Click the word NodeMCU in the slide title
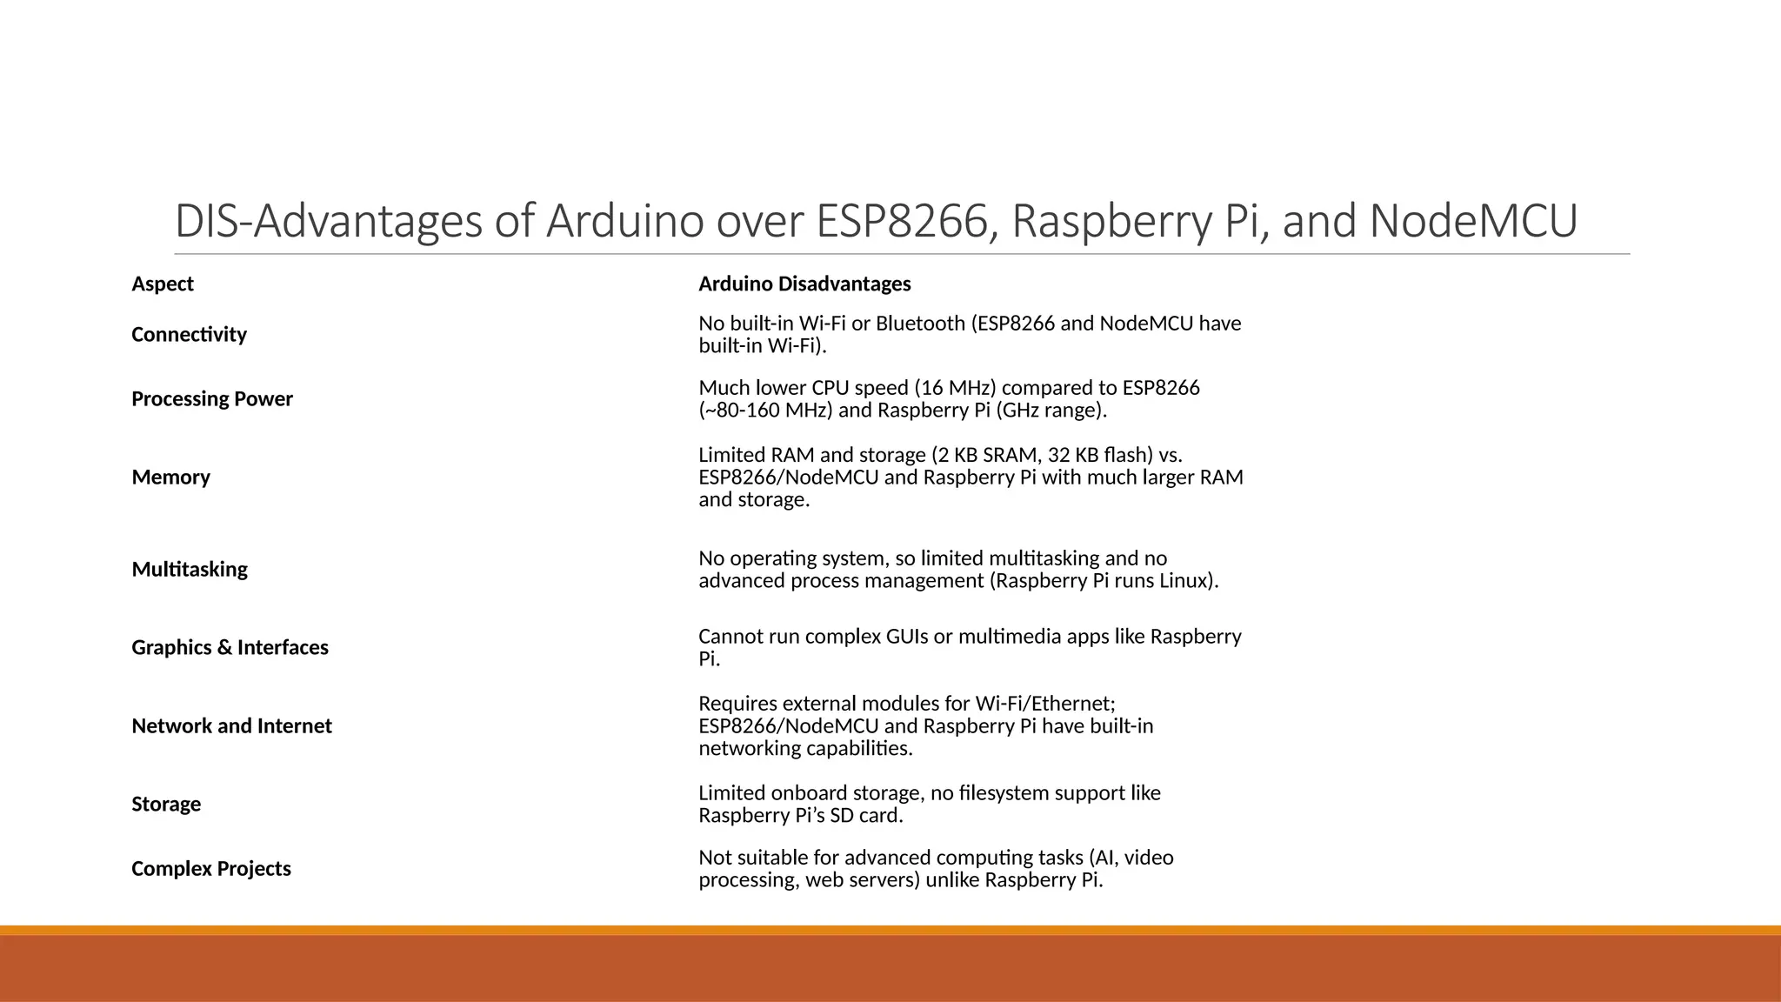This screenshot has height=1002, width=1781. pos(1473,221)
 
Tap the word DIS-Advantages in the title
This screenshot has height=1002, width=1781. pos(328,221)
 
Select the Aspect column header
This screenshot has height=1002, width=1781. pos(163,284)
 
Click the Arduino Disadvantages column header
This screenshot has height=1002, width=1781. pos(804,284)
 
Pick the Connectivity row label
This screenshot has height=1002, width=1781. pos(189,335)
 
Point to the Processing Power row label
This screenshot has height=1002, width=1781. pos(212,399)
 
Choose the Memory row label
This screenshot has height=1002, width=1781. pos(170,478)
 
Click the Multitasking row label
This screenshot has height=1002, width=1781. pos(190,570)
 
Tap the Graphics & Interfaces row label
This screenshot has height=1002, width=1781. pos(230,648)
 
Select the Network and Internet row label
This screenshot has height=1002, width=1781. pos(231,726)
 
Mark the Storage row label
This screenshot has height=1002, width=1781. pos(166,805)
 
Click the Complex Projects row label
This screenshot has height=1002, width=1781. pos(211,869)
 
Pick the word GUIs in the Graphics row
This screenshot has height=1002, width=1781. pos(906,637)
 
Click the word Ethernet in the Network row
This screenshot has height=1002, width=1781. pos(1072,704)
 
